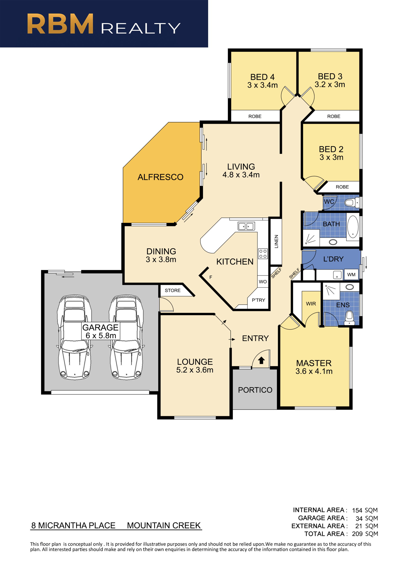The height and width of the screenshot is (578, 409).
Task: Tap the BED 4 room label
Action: coord(262,77)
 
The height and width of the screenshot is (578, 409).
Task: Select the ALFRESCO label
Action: coord(160,177)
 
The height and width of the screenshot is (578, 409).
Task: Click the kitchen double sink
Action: coord(246,226)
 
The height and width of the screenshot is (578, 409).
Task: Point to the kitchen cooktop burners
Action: coord(263,254)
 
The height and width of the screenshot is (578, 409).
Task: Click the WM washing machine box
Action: coord(351,274)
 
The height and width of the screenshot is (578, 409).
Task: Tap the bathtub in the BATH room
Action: coord(353,226)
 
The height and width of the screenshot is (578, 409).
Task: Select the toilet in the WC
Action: coord(352,202)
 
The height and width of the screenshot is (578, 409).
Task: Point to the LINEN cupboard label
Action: coord(276,241)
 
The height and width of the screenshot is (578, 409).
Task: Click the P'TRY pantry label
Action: coord(258,300)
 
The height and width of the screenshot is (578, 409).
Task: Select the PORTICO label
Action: coord(255,390)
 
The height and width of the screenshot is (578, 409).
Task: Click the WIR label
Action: coord(311,304)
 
